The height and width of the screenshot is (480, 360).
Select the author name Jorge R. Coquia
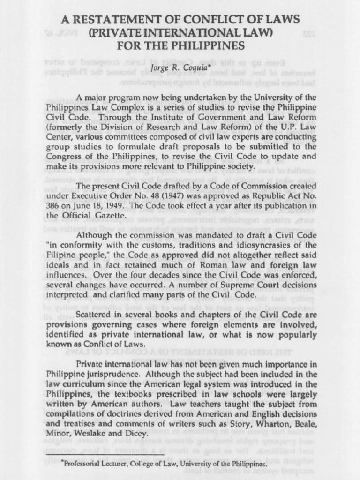(180, 68)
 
